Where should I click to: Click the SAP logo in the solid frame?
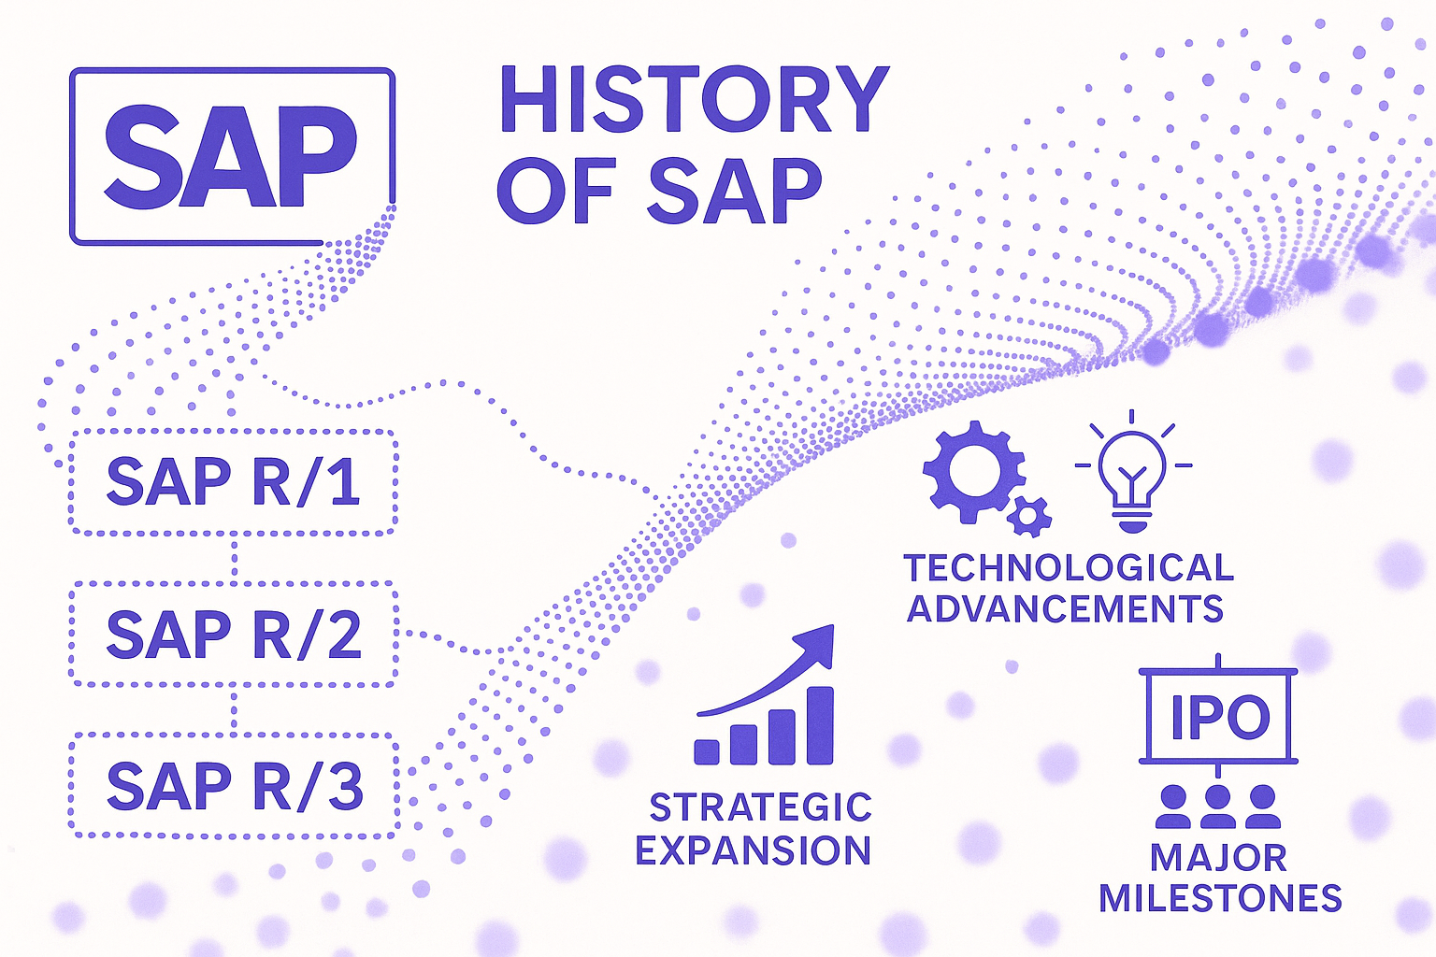(232, 156)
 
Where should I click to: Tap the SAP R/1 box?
(234, 482)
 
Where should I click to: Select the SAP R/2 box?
(234, 634)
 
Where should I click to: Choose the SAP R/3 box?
(234, 785)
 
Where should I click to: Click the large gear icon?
(972, 472)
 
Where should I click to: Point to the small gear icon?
(1029, 516)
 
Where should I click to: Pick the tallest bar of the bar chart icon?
(820, 725)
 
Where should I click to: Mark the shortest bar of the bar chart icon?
(707, 752)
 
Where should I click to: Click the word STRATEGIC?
(761, 807)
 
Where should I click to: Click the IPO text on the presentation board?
(1220, 716)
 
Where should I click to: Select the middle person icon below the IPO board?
(1218, 807)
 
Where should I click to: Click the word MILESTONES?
(1221, 898)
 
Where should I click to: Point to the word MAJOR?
(1219, 858)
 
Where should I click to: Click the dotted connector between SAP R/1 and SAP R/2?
(234, 558)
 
